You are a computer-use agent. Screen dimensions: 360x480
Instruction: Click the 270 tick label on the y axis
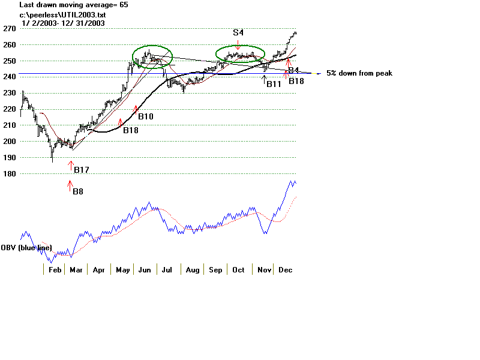coord(9,28)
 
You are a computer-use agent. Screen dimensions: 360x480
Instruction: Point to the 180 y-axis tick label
coord(9,174)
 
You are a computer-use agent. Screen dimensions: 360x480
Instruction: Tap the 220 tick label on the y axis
coord(9,109)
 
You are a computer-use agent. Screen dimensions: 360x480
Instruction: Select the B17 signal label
coord(81,170)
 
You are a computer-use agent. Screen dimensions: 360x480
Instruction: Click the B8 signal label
coord(78,192)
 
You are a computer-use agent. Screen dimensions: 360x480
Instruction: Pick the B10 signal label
coord(145,116)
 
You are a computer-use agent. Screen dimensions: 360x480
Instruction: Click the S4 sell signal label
coord(238,31)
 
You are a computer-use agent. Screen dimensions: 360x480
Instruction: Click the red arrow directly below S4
coord(238,45)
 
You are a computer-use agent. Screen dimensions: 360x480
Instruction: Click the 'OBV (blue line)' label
coord(26,248)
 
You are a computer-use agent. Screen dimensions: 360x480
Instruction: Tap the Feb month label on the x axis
coord(55,271)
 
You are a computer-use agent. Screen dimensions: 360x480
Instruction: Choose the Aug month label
coord(192,271)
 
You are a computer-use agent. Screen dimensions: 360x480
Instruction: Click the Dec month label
coord(285,271)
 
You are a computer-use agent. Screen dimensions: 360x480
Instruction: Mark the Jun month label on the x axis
coord(145,271)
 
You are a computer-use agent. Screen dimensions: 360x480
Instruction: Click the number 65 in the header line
coord(123,5)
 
